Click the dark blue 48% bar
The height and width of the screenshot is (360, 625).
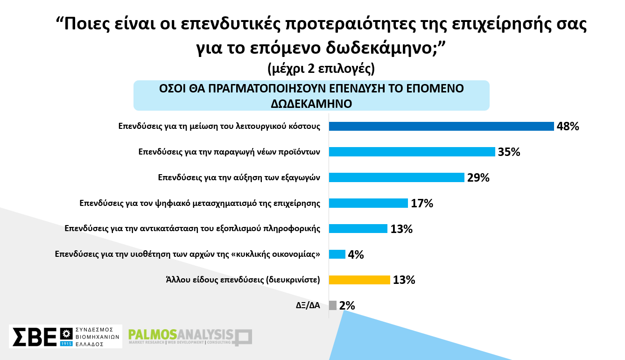coord(441,126)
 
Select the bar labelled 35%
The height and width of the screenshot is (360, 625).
coord(412,152)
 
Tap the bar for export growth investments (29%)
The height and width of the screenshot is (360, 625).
coord(396,177)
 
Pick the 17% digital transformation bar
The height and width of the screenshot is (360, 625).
coord(368,203)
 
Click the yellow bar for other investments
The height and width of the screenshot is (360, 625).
coord(359,280)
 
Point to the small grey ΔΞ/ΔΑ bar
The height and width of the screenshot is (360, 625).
coord(333,305)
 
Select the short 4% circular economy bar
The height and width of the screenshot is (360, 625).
coord(337,254)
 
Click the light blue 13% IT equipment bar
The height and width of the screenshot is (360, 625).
coord(358,228)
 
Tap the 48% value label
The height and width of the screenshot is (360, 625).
coord(568,127)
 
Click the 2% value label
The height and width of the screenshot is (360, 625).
coord(347,305)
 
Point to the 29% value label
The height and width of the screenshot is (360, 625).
coord(478,178)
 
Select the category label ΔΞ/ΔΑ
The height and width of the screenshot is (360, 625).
coord(308,305)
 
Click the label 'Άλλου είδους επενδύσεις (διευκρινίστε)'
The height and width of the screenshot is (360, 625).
coord(243,280)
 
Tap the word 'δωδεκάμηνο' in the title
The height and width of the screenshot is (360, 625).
coord(379,48)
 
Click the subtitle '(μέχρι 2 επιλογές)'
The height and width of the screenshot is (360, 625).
coord(321,69)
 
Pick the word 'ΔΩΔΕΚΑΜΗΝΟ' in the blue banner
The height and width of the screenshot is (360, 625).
coord(311,104)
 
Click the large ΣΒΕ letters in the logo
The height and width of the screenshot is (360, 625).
coord(35,337)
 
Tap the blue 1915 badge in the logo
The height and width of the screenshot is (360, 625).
coord(66,344)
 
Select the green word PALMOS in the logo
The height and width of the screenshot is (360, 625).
coord(153,334)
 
